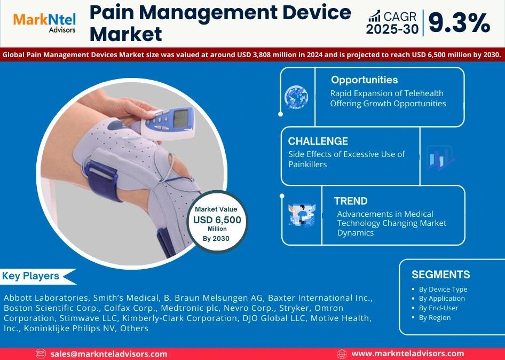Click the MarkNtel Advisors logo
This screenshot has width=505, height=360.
[44, 22]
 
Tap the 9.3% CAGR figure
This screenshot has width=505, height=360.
[460, 23]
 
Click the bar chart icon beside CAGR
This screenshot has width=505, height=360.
[374, 16]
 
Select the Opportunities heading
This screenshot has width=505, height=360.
[364, 80]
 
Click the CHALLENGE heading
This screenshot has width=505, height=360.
[318, 141]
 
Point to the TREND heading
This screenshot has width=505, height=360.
[351, 201]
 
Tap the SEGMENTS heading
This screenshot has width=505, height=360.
[440, 275]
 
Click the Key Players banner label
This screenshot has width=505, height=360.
[30, 276]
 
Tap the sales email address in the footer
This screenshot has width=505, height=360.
[109, 354]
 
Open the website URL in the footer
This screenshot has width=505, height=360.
[408, 354]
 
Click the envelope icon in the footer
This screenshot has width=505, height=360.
[41, 354]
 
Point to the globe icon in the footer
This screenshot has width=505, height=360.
[342, 354]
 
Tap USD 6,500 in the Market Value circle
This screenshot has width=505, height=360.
[217, 220]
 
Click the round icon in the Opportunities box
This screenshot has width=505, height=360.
[296, 97]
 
